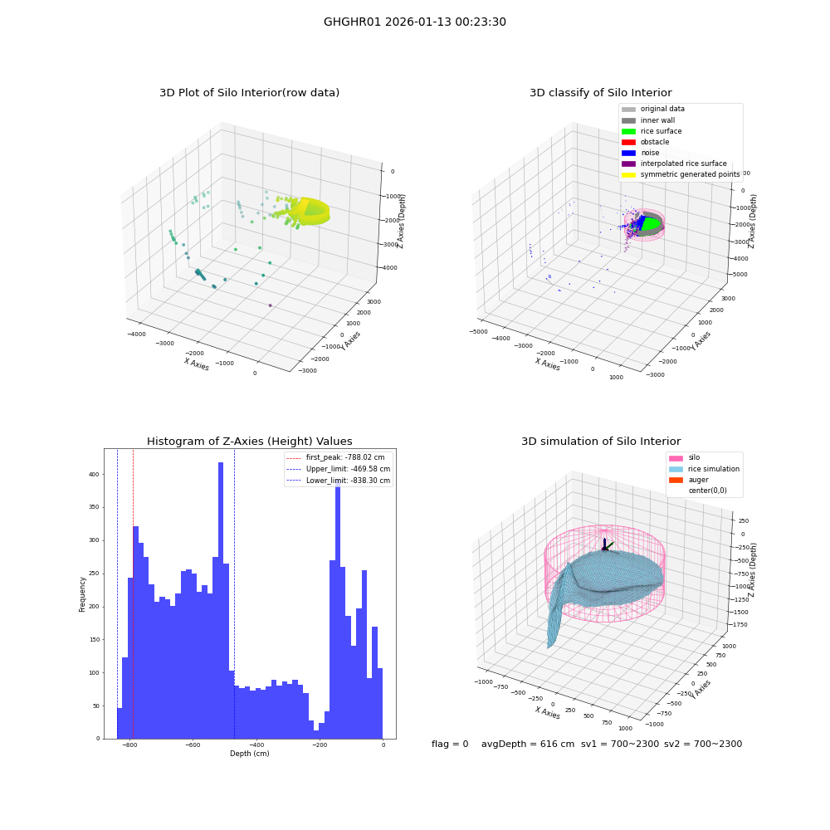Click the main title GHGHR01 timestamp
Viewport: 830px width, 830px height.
coord(415,22)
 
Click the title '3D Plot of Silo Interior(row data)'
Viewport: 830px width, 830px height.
coord(249,93)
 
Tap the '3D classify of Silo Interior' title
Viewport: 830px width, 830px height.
coord(601,93)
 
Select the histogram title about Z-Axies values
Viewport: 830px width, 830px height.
coord(249,441)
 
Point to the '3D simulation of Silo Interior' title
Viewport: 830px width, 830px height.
coord(601,441)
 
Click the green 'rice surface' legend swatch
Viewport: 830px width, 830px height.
coord(628,131)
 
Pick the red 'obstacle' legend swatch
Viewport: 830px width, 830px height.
coord(628,142)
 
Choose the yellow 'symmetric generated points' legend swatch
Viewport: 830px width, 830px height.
coord(628,174)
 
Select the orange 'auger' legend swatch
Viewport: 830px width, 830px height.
coord(676,480)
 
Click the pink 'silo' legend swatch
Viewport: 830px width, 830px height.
coord(676,458)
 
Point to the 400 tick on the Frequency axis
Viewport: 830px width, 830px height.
coord(94,474)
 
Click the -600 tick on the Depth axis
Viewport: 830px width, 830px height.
coord(193,745)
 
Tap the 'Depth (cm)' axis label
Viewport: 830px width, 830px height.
coord(249,754)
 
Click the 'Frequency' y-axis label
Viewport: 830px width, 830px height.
coord(82,594)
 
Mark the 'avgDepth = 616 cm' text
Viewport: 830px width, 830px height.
coord(528,744)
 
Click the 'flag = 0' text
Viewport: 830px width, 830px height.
coord(450,744)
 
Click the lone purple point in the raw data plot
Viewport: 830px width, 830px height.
coord(270,305)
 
